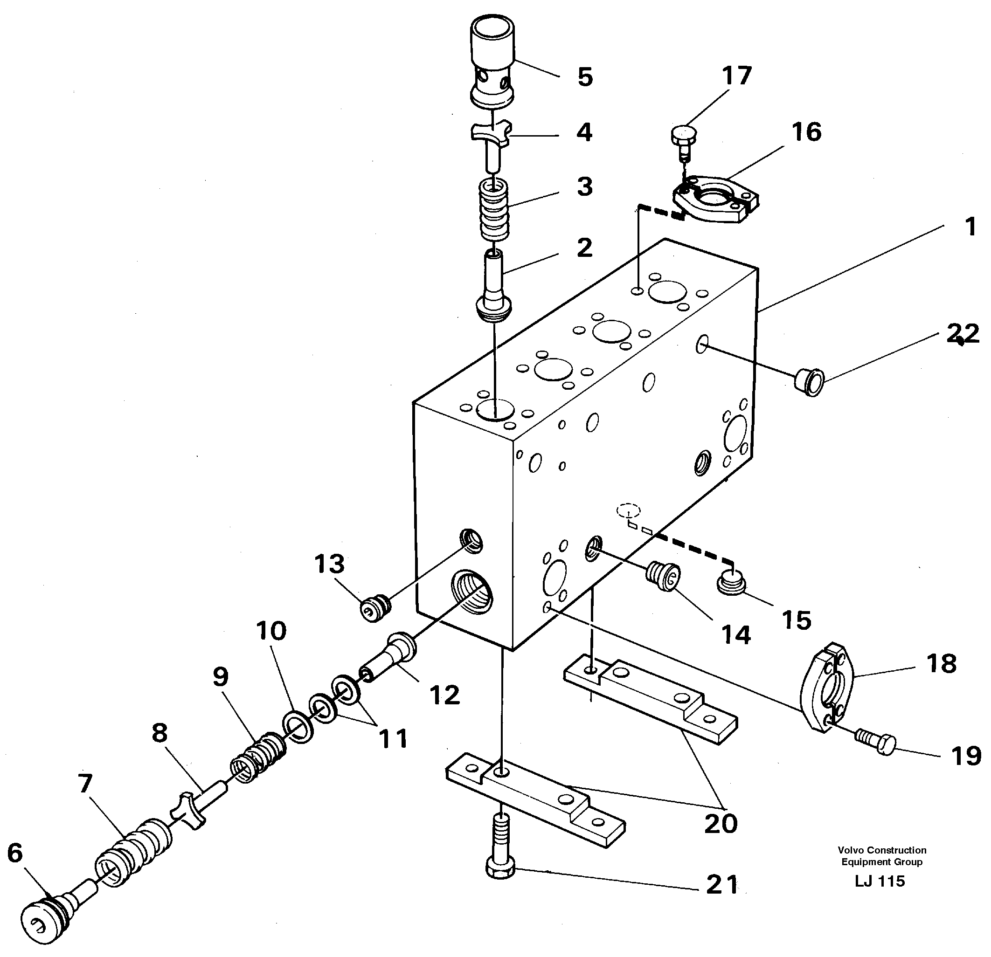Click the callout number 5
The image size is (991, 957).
point(584,78)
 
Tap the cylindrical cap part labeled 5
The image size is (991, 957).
point(492,61)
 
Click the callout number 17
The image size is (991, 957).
point(737,76)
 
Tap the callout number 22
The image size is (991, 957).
point(962,333)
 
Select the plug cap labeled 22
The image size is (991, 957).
point(809,382)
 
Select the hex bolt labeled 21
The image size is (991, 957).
point(500,849)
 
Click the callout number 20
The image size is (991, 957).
point(721,824)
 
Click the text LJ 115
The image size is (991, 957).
point(880,881)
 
